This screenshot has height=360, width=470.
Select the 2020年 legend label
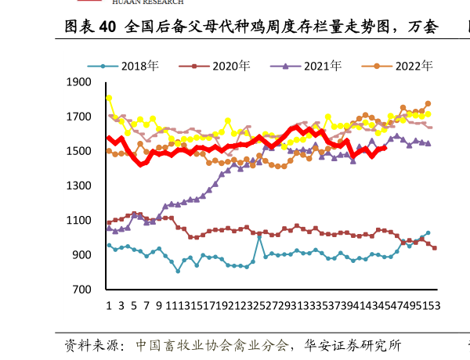coord(231,66)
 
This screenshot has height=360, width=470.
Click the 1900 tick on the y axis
coord(81,82)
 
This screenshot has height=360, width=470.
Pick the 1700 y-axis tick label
coord(81,117)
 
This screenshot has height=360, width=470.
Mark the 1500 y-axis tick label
coord(81,151)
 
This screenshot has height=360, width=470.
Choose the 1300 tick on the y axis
coord(81,185)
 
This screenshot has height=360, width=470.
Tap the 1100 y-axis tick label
coord(81,221)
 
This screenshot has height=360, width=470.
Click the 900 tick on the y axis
coord(84,255)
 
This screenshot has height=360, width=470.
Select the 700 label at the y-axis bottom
coord(84,290)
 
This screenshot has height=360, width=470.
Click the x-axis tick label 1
coord(109,305)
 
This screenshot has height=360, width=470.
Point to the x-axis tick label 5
coord(134,305)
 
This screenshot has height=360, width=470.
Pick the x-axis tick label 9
coord(159,305)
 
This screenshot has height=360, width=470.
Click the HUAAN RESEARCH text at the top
coord(148,2)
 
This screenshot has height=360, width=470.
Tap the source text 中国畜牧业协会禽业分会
coord(212,344)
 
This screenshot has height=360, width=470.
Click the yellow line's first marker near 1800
coord(109,98)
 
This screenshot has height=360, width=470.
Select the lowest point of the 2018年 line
coord(178,271)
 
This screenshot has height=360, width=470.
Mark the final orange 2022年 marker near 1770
coord(428,103)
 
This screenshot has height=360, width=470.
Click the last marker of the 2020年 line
coord(434,247)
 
